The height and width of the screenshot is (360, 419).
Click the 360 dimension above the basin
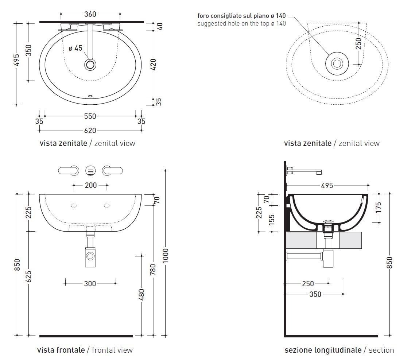pyautogui.click(x=90, y=14)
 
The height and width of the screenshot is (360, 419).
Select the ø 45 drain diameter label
pyautogui.click(x=75, y=48)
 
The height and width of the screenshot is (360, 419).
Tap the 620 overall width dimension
pyautogui.click(x=90, y=130)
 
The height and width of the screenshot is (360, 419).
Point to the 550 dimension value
pyautogui.click(x=90, y=116)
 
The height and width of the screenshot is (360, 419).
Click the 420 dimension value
pyautogui.click(x=153, y=64)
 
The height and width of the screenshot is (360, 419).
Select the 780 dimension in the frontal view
pyautogui.click(x=153, y=269)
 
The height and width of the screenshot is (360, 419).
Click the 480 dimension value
pyautogui.click(x=141, y=295)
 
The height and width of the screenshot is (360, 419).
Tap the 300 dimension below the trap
pyautogui.click(x=90, y=283)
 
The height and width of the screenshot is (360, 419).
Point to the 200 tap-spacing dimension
pyautogui.click(x=91, y=185)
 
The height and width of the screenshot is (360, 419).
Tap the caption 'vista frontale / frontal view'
pyautogui.click(x=85, y=350)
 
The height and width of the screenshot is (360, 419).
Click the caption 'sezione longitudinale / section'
pyautogui.click(x=339, y=350)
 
